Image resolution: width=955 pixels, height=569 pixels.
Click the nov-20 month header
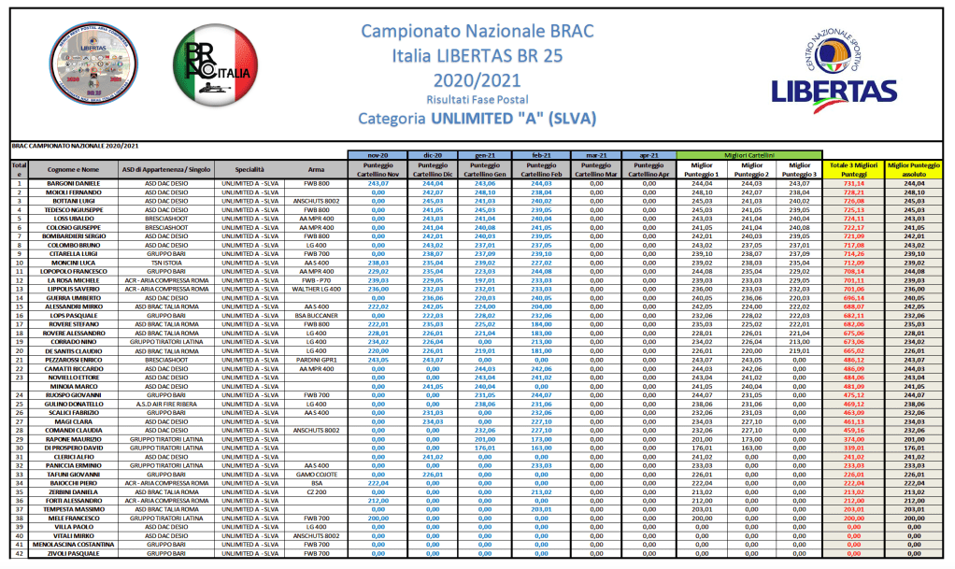click(x=378, y=154)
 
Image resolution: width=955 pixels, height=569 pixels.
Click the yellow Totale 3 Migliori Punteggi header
click(x=853, y=168)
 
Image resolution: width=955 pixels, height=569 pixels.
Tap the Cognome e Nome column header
click(x=74, y=168)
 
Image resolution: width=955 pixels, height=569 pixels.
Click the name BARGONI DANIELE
click(x=74, y=184)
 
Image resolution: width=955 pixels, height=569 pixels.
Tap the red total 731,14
click(x=853, y=184)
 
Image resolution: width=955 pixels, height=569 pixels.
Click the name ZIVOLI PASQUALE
click(x=74, y=554)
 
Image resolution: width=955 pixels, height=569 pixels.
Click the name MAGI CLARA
click(x=74, y=421)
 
